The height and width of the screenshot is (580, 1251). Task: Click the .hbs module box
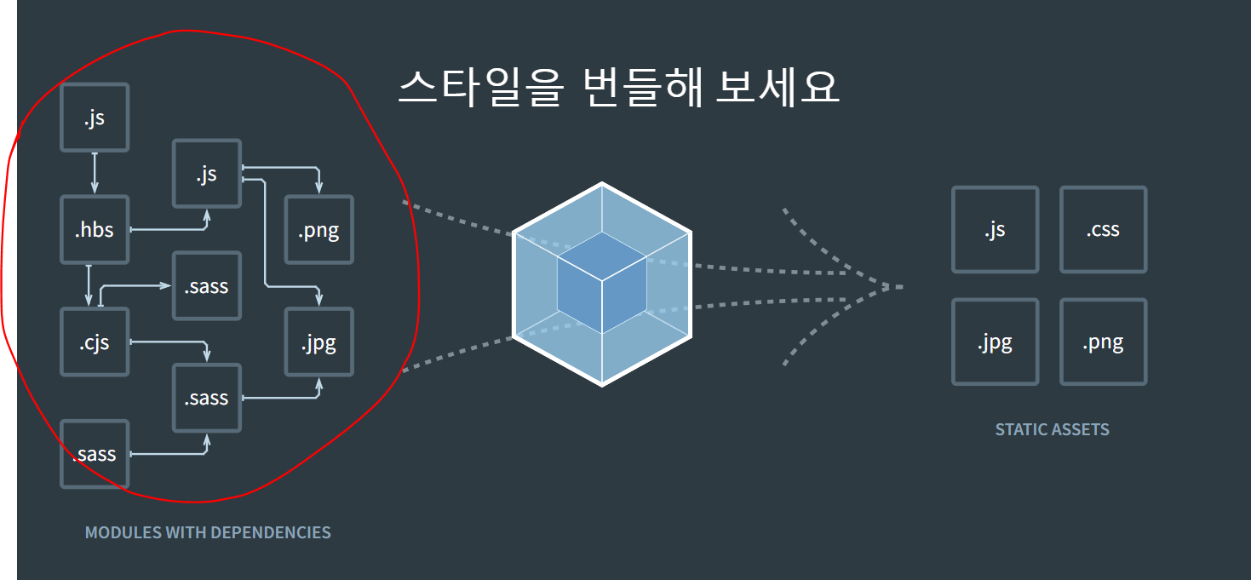click(x=95, y=230)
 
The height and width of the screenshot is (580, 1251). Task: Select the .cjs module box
click(x=95, y=342)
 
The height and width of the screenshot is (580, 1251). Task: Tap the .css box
click(x=1103, y=230)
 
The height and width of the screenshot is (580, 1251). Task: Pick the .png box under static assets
click(x=1103, y=342)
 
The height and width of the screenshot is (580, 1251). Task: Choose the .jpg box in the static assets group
click(x=995, y=342)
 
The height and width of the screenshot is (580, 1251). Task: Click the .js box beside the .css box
click(x=995, y=230)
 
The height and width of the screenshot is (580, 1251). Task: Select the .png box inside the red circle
click(x=318, y=230)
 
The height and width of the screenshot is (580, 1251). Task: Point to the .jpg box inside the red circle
click(x=318, y=342)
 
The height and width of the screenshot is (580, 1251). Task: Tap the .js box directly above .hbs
click(x=95, y=118)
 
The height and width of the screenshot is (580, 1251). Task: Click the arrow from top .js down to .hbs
click(x=95, y=173)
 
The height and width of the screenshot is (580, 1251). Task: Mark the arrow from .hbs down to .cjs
click(x=89, y=284)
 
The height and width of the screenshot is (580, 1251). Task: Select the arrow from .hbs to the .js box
click(x=170, y=229)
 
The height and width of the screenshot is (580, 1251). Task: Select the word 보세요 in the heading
click(x=777, y=87)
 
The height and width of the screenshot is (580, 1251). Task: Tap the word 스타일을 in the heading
click(x=479, y=87)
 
